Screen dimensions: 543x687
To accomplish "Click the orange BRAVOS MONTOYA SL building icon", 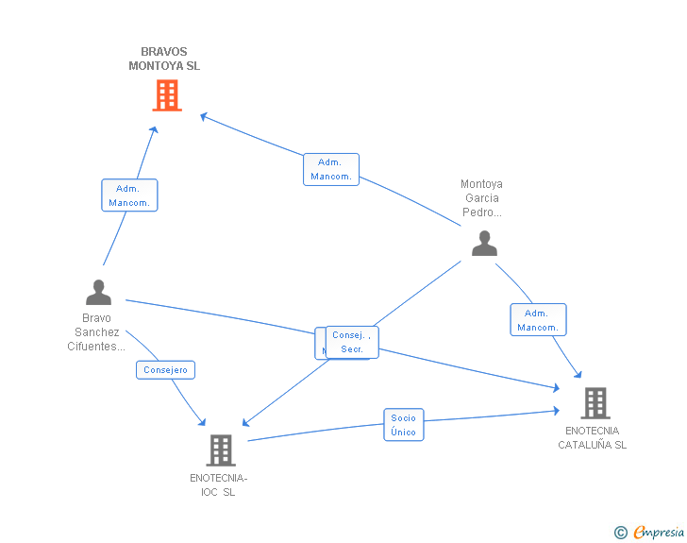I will [x=166, y=95].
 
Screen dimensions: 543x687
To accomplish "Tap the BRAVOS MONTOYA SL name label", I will [x=164, y=59].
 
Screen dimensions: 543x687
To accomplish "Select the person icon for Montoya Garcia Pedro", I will [x=484, y=243].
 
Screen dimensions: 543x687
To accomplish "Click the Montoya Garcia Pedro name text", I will [x=481, y=198].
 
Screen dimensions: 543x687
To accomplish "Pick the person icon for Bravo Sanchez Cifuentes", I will [x=98, y=292].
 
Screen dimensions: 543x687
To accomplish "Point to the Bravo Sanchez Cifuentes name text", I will [x=96, y=332].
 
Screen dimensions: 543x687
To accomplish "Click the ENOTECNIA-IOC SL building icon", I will [x=220, y=450].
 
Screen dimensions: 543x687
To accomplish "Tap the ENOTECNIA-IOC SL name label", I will [x=219, y=484].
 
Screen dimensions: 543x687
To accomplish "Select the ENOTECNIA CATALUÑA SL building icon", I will [x=595, y=403].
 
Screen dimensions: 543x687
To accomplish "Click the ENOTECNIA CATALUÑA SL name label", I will [x=592, y=438].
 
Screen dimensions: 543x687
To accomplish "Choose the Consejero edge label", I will [x=166, y=370].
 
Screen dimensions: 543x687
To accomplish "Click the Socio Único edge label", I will [x=403, y=425].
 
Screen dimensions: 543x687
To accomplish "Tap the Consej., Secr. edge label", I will [x=352, y=342].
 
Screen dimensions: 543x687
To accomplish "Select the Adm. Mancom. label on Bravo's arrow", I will [x=129, y=195].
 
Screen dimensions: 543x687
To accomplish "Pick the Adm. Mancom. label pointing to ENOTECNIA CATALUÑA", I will [x=538, y=320].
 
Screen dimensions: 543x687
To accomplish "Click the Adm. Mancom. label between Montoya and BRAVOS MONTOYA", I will [x=330, y=169].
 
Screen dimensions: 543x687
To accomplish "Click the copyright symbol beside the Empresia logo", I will [x=621, y=533].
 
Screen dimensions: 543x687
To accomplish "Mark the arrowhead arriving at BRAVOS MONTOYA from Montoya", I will [x=203, y=116].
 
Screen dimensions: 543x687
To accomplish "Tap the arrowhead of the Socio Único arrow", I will [x=558, y=411].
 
